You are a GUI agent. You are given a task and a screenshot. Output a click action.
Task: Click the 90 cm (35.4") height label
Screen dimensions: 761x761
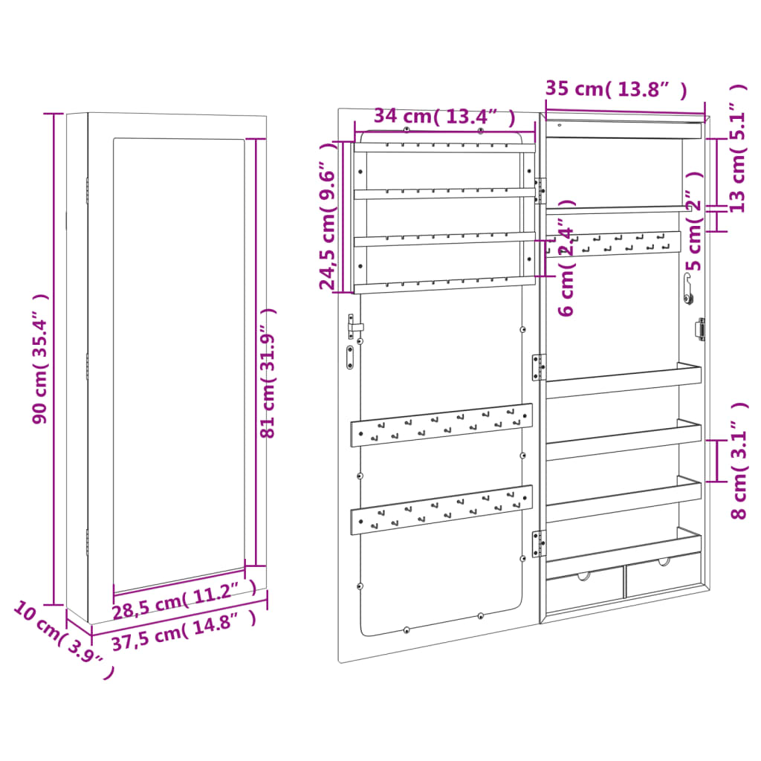click(41, 358)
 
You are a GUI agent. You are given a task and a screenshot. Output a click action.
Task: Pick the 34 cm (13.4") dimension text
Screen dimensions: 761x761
click(444, 117)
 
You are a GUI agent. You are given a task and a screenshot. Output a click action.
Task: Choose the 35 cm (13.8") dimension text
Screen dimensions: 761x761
click(615, 89)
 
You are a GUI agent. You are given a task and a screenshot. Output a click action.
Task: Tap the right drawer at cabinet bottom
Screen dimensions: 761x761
click(663, 576)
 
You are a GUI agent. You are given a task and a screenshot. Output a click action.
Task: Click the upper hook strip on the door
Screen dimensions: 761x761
click(441, 426)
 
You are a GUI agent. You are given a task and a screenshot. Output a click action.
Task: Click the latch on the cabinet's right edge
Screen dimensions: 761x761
click(699, 329)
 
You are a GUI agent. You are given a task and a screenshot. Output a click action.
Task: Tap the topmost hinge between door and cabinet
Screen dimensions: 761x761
click(540, 190)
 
